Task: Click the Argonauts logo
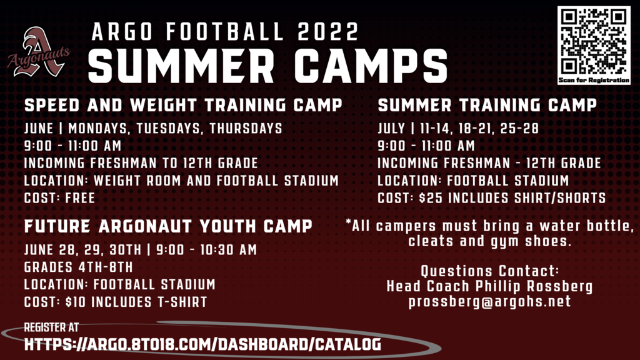(39, 52)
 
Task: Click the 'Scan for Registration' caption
(594, 80)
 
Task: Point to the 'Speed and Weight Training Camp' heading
(183, 105)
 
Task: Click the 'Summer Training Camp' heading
(487, 105)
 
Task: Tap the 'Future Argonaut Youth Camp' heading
(168, 226)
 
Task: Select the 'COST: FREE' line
(59, 198)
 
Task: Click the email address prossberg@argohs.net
(489, 302)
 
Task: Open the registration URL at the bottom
(203, 344)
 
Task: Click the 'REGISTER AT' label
(51, 327)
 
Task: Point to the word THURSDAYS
(246, 128)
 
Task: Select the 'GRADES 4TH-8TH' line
(79, 267)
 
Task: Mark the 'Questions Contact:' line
(490, 271)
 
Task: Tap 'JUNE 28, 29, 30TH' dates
(83, 250)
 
